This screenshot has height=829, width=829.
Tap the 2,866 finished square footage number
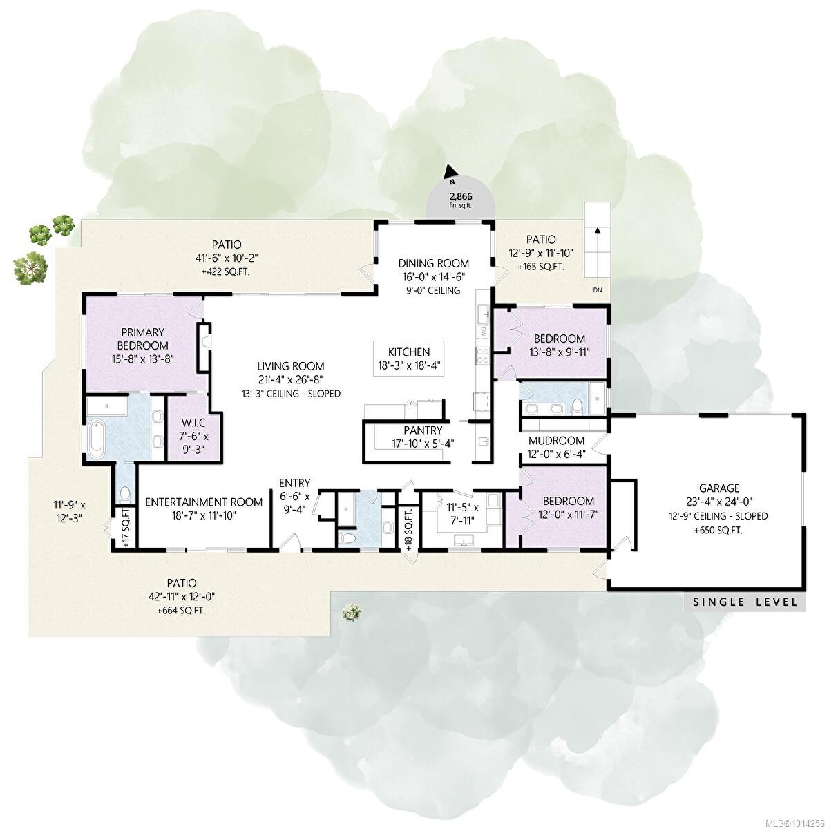click(x=461, y=197)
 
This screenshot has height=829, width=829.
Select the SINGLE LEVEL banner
click(x=745, y=602)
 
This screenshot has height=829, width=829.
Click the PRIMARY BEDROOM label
click(x=143, y=339)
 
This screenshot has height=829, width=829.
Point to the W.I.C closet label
click(x=193, y=423)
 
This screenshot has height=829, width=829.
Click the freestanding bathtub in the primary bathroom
click(x=96, y=439)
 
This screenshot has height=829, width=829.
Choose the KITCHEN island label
click(x=409, y=352)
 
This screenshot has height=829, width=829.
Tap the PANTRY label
click(x=423, y=430)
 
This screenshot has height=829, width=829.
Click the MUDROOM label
click(x=556, y=441)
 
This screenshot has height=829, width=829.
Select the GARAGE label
click(x=719, y=488)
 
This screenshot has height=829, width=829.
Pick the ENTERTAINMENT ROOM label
click(x=204, y=502)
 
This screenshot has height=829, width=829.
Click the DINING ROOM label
click(x=433, y=263)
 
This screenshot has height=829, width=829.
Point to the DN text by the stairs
click(x=597, y=290)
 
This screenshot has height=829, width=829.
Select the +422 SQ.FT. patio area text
click(x=227, y=272)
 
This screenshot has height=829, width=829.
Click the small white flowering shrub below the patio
click(x=352, y=612)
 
